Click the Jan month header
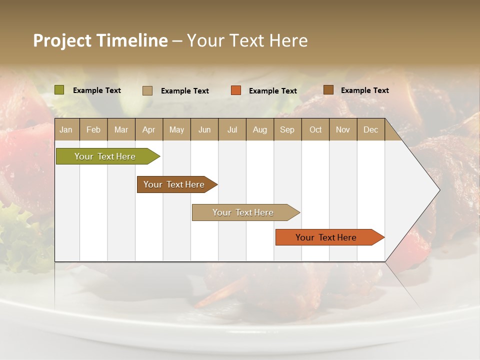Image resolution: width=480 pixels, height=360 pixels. pos(66,129)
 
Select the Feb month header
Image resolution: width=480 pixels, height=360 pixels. pos(93,129)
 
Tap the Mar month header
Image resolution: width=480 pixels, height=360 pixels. pos(121,129)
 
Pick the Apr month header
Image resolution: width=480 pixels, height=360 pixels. pos(149,129)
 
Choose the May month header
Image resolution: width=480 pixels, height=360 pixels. pos(176,129)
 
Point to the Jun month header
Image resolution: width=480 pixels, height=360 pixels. pos(204,129)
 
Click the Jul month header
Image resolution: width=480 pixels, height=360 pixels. pos(232,129)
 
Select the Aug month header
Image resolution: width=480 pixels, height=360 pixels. pos(260,129)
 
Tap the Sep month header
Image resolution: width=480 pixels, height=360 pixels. pos(287,129)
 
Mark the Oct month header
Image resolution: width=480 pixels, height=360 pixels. pos(315,129)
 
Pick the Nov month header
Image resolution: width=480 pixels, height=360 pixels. pos(343,129)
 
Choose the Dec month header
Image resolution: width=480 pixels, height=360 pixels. pos(371,129)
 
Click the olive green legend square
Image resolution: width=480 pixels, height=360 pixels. pos(59,90)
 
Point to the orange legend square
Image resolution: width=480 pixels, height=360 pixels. pos(236,90)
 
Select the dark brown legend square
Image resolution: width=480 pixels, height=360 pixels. pos(328,90)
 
